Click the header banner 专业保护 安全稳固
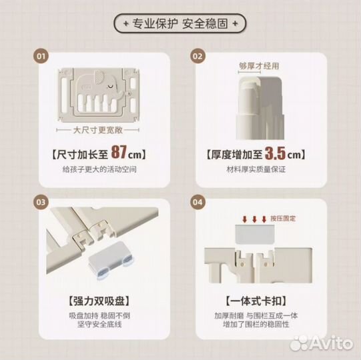[x=180, y=23]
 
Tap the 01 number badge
[x=41, y=56]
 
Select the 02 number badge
[x=198, y=56]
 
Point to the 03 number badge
[x=41, y=202]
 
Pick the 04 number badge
[x=198, y=202]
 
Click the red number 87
[x=119, y=152]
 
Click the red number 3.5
[x=275, y=153]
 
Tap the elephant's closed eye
[x=111, y=87]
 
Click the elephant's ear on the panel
[x=99, y=77]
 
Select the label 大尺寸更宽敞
[x=97, y=130]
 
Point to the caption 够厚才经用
[x=259, y=66]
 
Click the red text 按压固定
[x=283, y=218]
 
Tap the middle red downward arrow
[x=254, y=219]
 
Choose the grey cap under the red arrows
[x=255, y=234]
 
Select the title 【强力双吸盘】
[x=99, y=301]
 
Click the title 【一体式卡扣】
[x=256, y=301]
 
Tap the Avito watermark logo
[x=321, y=343]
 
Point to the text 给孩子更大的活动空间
[x=99, y=169]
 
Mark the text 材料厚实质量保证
[x=256, y=169]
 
